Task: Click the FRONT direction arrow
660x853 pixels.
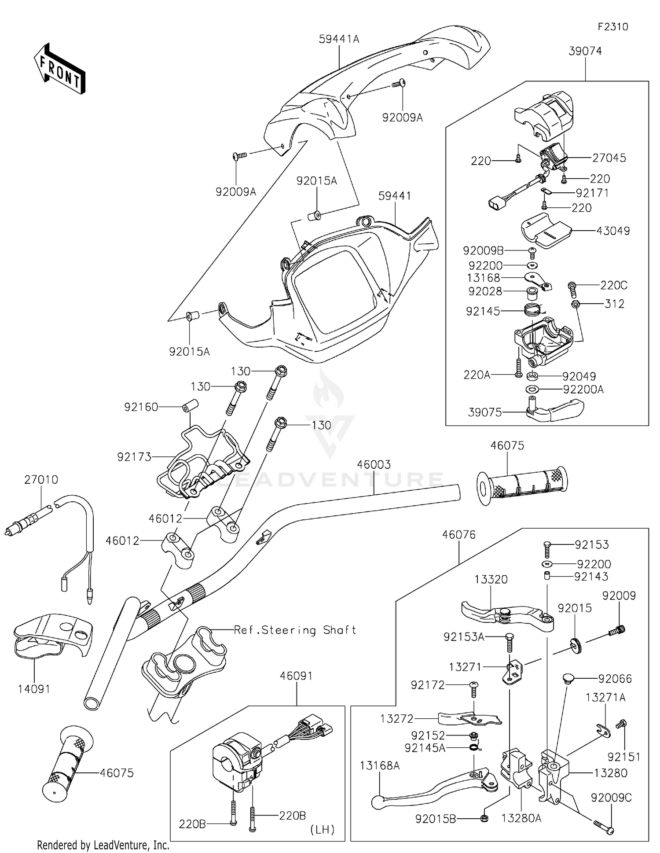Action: [59, 69]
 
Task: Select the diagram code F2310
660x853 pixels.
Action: [613, 27]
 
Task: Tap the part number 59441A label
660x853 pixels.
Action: [339, 39]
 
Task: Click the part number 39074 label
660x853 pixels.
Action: [585, 51]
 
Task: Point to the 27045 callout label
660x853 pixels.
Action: [609, 158]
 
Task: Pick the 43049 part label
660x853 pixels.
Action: [613, 231]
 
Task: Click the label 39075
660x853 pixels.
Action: [485, 412]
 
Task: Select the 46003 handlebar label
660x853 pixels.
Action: [374, 464]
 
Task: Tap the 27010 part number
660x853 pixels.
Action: [41, 479]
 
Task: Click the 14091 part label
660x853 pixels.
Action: [34, 689]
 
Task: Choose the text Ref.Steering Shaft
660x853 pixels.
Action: [295, 630]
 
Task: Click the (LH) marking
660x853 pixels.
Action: [323, 830]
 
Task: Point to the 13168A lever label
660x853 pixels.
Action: [380, 766]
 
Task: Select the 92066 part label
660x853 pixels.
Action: [615, 679]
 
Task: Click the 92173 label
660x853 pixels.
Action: [134, 457]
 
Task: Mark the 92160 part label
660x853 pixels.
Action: [141, 407]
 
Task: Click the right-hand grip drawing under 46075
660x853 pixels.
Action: [522, 485]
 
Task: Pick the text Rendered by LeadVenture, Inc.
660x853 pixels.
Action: [103, 845]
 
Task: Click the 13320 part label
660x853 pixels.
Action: [491, 579]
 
